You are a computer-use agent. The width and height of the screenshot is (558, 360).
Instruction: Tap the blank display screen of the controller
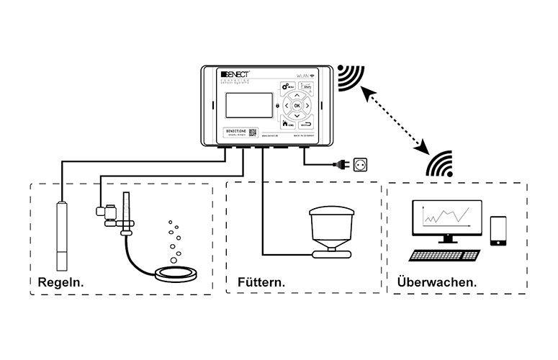(248, 106)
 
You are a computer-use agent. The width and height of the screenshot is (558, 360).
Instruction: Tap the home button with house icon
(289, 123)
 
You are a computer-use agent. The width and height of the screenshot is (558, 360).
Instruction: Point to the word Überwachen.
(436, 282)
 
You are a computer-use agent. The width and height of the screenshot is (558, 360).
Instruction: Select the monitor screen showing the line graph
(442, 215)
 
